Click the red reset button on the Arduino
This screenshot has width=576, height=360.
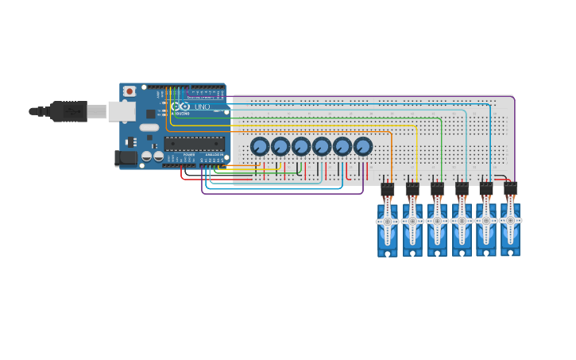point(130,91)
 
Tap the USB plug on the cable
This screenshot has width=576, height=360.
point(70,111)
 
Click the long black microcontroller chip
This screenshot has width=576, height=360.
point(195,144)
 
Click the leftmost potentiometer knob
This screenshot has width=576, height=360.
point(260,146)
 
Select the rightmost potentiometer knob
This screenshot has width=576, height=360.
point(363,146)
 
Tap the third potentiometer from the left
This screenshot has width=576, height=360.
point(301,146)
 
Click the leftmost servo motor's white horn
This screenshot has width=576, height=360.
point(388,222)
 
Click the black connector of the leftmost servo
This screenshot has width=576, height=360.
point(388,191)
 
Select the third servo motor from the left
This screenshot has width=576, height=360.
point(437,226)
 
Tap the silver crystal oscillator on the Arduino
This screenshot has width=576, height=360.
point(149,127)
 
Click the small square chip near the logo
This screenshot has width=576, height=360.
point(151,114)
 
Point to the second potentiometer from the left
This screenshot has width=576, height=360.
point(280,146)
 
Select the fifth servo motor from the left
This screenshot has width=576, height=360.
point(485,226)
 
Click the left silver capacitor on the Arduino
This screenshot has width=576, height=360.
point(147,157)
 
